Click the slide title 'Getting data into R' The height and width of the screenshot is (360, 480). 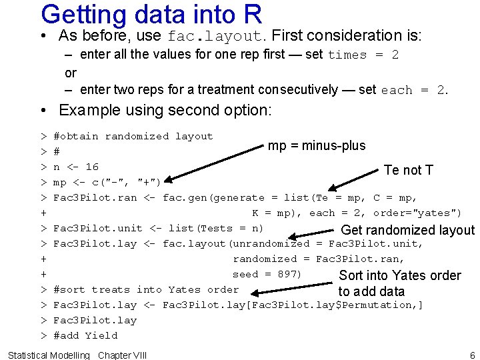tap(151, 15)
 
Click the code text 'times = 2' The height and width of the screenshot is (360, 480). tap(363, 55)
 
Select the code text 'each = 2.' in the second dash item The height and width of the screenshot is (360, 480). tap(413, 90)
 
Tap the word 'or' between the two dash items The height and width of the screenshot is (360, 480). tap(71, 73)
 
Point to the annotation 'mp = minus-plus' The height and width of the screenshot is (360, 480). tap(317, 146)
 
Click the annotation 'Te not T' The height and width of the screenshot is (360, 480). tap(408, 170)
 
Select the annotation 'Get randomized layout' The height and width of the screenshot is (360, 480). tap(407, 231)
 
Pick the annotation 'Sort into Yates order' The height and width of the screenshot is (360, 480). tap(400, 275)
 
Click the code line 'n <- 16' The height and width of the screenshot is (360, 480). tap(75, 167)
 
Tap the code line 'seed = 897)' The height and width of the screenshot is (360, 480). tap(267, 274)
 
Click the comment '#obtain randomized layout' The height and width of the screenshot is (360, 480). tap(133, 136)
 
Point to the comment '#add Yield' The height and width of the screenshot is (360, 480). tap(85, 335)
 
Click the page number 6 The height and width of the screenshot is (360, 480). tap(472, 355)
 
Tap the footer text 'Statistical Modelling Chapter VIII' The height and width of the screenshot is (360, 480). tap(77, 355)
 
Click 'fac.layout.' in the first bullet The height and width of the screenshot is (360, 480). tap(218, 36)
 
